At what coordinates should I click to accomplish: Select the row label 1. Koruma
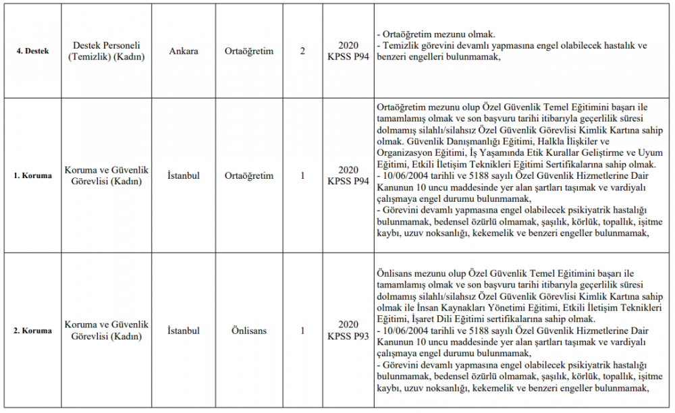tap(32, 176)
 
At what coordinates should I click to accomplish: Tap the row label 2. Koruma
tap(32, 331)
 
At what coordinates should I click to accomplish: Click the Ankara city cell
tap(184, 51)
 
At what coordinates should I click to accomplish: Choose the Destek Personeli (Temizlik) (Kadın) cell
tap(107, 51)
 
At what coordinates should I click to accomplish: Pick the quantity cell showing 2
tap(302, 51)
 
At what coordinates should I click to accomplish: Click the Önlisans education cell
tap(249, 331)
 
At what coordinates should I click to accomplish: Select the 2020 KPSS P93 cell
tap(348, 331)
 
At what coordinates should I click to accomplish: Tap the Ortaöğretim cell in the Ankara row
tap(249, 51)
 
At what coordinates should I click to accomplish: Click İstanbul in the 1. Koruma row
tap(184, 176)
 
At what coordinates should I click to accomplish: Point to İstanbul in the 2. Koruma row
tap(184, 331)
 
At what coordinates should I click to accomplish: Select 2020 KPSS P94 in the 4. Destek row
tap(348, 51)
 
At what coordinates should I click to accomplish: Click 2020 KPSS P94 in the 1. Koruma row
tap(348, 176)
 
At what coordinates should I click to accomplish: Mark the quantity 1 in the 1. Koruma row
tap(302, 176)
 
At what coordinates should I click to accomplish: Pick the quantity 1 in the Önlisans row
tap(302, 331)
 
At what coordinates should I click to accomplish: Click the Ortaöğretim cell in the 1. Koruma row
tap(249, 176)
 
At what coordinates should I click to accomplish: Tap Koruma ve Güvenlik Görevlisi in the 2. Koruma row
tap(107, 331)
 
